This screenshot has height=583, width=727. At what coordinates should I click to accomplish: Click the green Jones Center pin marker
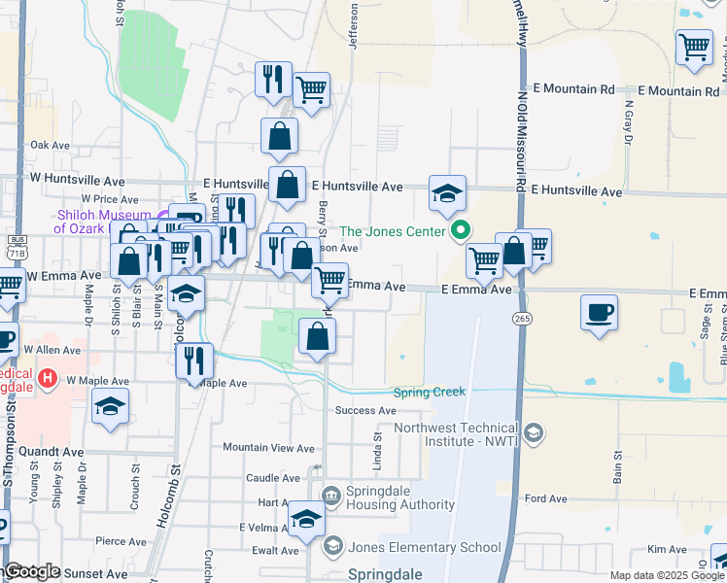point(461,231)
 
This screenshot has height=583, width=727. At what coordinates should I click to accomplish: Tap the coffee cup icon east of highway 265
point(599,313)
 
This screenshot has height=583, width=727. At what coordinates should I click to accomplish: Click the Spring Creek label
point(429,393)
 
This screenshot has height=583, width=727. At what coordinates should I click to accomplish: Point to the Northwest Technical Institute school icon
point(533,431)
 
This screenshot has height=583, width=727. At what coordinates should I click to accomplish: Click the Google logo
point(32,571)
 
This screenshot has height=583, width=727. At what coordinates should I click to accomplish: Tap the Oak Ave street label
point(51,145)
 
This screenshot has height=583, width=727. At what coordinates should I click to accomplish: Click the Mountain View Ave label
point(268,448)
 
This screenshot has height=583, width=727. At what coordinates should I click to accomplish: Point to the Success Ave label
point(364,411)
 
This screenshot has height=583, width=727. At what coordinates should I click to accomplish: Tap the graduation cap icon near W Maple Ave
point(111,406)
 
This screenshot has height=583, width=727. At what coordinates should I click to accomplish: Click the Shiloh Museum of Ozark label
point(102,222)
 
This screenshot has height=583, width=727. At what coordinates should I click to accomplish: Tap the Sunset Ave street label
point(95,573)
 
